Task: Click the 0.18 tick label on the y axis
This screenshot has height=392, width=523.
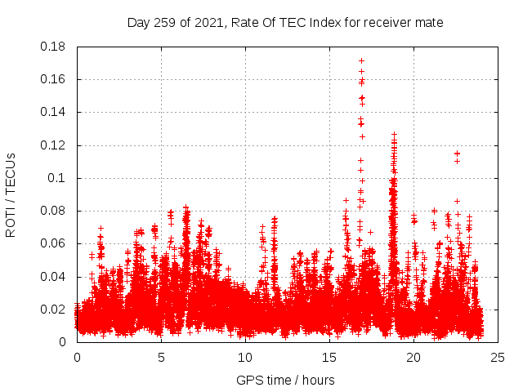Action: click(x=54, y=47)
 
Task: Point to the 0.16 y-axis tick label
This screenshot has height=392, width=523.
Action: click(x=54, y=79)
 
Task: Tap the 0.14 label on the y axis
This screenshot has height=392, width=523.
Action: click(x=54, y=112)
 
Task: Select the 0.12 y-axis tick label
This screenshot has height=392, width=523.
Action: click(x=54, y=145)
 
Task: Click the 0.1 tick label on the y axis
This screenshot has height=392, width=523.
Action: click(x=59, y=178)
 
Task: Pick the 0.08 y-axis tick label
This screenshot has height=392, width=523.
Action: click(x=54, y=211)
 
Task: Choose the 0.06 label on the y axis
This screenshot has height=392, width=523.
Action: click(x=54, y=243)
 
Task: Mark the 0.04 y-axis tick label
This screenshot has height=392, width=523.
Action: click(x=54, y=277)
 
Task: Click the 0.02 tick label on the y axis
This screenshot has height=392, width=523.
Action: click(x=54, y=310)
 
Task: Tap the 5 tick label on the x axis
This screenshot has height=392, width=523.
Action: click(x=161, y=358)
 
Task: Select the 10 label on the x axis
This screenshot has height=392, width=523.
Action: click(x=245, y=358)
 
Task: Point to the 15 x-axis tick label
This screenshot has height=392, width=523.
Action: click(x=329, y=358)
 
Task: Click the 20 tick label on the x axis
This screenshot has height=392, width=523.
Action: click(x=413, y=358)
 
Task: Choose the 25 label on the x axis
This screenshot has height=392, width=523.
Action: click(x=498, y=358)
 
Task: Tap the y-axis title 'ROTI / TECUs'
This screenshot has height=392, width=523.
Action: click(x=11, y=194)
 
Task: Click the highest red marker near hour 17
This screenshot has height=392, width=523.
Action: click(x=361, y=61)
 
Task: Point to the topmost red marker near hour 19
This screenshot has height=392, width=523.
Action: click(x=394, y=134)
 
